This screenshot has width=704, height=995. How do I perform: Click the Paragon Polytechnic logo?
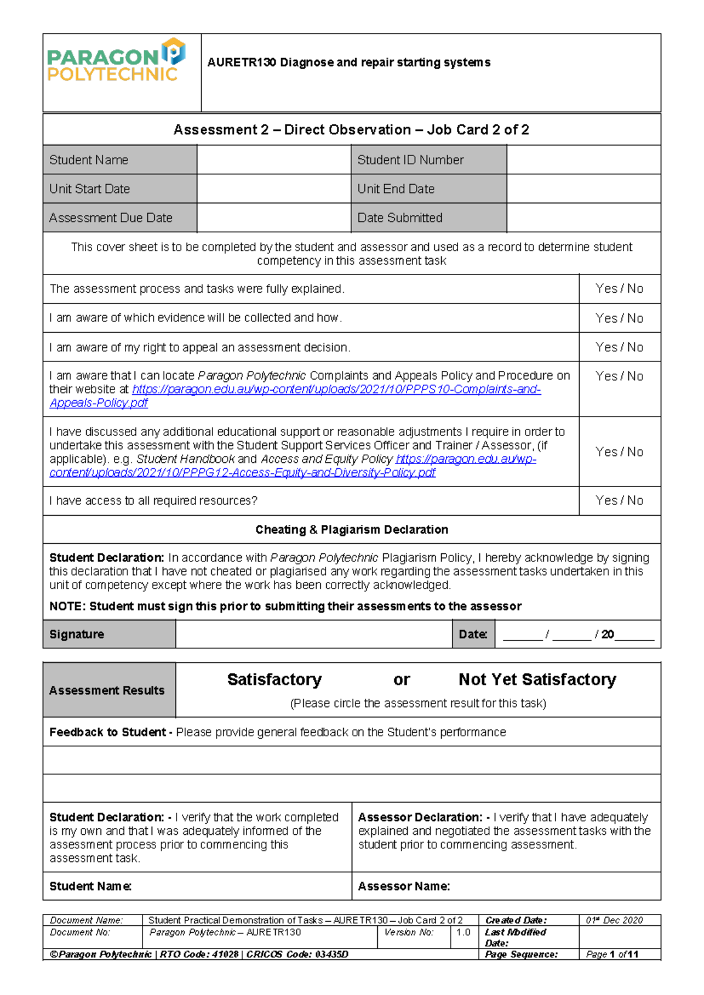116,60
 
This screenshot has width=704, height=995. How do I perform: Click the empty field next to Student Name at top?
273,160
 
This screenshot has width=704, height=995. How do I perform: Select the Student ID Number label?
410,160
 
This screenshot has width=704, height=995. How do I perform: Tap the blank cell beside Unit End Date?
583,189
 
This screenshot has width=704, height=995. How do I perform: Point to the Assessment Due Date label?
111,218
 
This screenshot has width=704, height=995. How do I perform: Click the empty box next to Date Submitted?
583,218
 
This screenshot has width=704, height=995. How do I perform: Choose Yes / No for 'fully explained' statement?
619,289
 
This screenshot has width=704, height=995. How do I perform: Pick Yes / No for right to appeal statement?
619,347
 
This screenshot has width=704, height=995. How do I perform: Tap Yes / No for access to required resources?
619,500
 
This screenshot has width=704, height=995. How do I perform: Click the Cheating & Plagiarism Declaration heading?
351,530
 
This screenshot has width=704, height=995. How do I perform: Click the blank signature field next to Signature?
313,634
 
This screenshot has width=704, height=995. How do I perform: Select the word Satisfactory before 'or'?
274,679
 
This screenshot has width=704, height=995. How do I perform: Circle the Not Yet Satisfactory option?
537,679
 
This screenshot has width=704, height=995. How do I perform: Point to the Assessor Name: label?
404,886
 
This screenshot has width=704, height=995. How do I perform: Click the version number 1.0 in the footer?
463,932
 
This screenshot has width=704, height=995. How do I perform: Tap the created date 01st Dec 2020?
614,920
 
